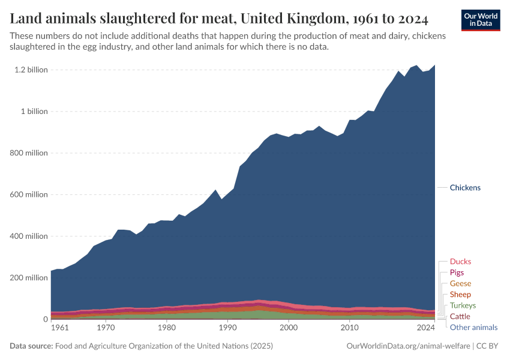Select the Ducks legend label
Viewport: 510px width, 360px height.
[x=460, y=262]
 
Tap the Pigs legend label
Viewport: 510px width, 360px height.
[x=457, y=272]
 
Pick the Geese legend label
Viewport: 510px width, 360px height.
[x=460, y=284]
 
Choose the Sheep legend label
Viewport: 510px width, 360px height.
[x=460, y=295]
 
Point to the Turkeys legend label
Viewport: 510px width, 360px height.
[x=463, y=305]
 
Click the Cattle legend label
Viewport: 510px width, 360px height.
[x=460, y=316]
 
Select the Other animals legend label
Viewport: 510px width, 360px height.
[x=473, y=327]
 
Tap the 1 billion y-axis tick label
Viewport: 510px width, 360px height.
[x=34, y=112]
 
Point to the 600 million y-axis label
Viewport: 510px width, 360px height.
[x=29, y=194]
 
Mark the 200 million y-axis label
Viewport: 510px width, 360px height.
[x=29, y=278]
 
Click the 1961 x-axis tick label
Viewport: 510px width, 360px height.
[x=59, y=328]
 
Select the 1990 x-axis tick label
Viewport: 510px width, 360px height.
[x=227, y=328]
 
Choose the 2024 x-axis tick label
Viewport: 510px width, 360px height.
[x=425, y=328]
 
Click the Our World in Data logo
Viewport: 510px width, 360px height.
[x=480, y=19]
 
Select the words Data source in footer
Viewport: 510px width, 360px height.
[x=31, y=346]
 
